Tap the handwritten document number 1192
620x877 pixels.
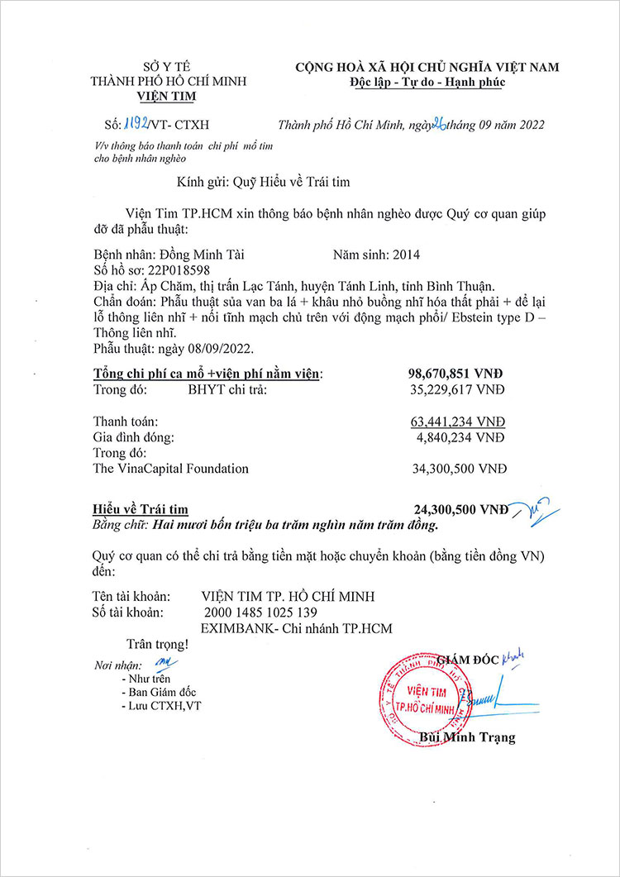[136, 125]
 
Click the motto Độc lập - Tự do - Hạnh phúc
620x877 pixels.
[427, 82]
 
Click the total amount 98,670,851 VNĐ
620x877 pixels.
[457, 374]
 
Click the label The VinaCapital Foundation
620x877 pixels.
[171, 469]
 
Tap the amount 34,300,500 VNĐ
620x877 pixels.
[460, 469]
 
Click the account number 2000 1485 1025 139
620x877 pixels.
[260, 612]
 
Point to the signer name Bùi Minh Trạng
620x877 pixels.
[467, 737]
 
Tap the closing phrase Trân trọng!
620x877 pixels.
[157, 643]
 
